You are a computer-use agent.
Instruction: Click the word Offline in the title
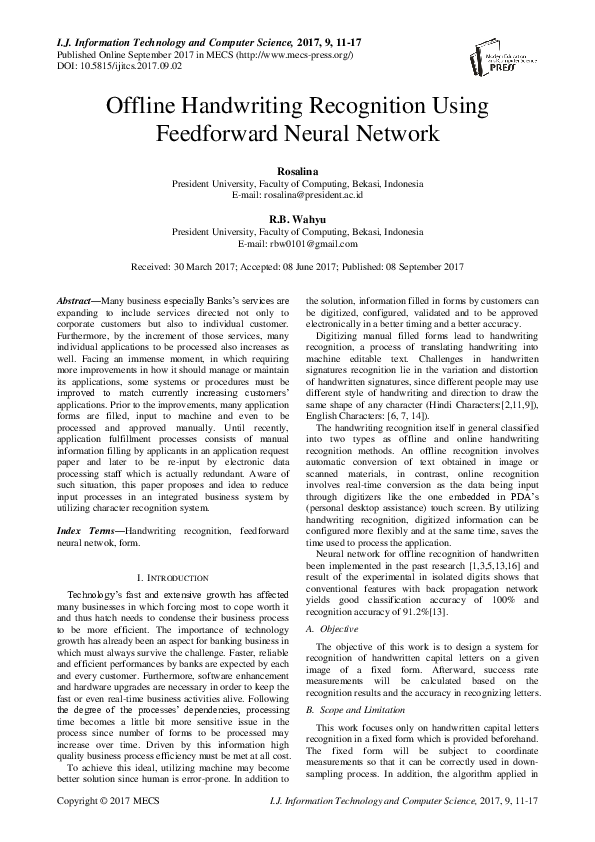147,106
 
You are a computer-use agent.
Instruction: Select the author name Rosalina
297,173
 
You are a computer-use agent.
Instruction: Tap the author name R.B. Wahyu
297,219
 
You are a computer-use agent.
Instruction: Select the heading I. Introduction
171,578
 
